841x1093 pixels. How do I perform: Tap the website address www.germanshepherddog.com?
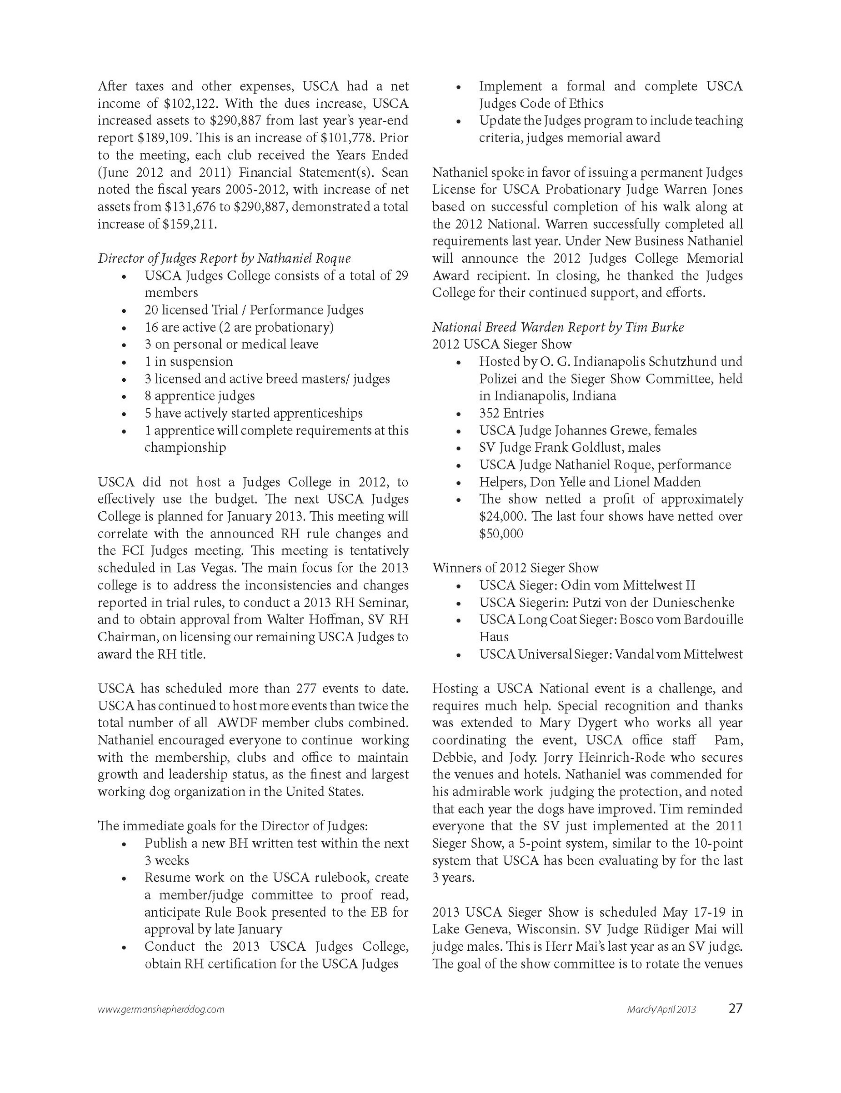pos(160,1009)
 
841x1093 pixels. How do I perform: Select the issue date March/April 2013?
pos(661,1009)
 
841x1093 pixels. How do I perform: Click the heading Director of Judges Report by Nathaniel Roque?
pos(224,258)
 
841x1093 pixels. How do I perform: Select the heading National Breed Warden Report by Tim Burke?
pos(558,327)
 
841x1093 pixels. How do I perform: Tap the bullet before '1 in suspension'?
pos(124,363)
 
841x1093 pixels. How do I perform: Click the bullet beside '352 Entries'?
pos(459,414)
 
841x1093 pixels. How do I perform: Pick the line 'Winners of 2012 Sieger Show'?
pos(515,568)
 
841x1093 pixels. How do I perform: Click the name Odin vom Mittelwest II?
pos(628,585)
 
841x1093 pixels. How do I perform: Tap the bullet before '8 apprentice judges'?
pos(124,397)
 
